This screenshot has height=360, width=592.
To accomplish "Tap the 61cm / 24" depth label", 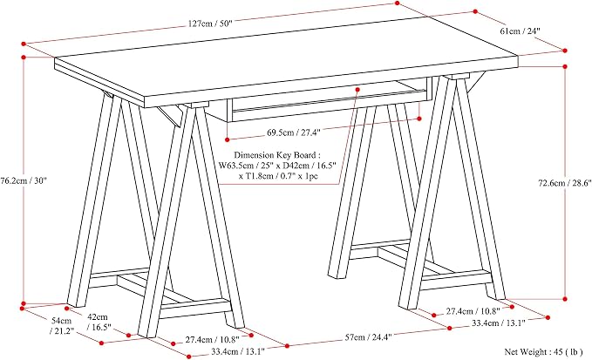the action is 521,31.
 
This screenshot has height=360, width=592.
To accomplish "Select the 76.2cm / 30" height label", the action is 24,180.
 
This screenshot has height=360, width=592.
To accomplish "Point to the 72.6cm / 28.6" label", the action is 564,183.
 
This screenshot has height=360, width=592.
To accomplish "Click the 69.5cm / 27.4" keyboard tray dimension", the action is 294,132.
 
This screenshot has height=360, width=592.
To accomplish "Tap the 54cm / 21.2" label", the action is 62,326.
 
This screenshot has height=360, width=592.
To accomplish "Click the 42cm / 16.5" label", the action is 99,322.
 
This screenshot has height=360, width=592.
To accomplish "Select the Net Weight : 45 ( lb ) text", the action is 544,351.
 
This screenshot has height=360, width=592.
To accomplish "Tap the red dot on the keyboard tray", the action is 357,90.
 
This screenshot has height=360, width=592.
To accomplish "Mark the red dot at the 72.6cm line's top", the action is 565,66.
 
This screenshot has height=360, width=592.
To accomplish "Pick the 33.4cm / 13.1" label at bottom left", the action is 238,351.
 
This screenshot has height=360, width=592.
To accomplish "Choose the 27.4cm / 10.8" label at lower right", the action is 473,311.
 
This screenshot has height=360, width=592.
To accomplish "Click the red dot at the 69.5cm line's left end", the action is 228,139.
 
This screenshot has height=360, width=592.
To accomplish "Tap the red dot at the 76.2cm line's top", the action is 24,58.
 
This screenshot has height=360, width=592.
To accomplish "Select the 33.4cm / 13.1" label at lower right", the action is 499,323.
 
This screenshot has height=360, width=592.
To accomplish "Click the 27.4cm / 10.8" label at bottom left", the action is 212,340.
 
